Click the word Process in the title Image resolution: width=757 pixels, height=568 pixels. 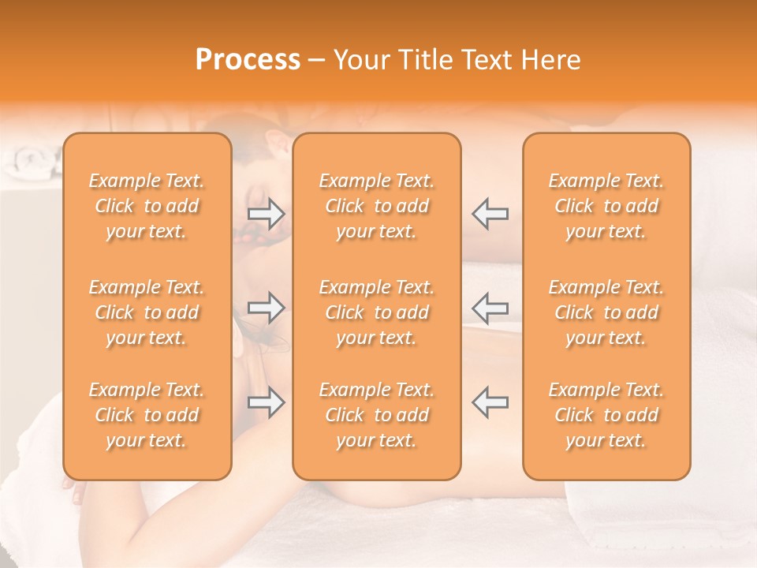(x=248, y=60)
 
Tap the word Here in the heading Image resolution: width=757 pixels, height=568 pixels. (x=550, y=60)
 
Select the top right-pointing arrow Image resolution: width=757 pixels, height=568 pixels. (x=267, y=213)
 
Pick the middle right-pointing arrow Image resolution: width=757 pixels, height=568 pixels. (x=267, y=308)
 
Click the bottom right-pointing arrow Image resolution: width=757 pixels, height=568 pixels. (x=267, y=402)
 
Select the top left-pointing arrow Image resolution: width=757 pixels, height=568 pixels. (x=490, y=213)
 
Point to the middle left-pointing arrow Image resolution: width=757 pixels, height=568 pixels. (x=490, y=308)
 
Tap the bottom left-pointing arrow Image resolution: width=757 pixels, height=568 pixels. (x=490, y=402)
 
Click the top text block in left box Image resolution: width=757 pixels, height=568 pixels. (x=147, y=206)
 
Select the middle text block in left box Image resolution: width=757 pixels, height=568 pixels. (x=147, y=312)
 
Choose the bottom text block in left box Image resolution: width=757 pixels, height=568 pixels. (x=147, y=415)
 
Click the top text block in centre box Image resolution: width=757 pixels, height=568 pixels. (x=376, y=206)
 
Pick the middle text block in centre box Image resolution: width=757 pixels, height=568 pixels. (x=376, y=312)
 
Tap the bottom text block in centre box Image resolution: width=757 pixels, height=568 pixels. (x=376, y=415)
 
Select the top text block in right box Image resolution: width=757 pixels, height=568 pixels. (x=606, y=206)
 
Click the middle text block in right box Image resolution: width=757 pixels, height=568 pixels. (x=606, y=312)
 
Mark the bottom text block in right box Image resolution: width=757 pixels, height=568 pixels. (x=606, y=415)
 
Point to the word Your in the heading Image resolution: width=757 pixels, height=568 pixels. (x=361, y=60)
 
